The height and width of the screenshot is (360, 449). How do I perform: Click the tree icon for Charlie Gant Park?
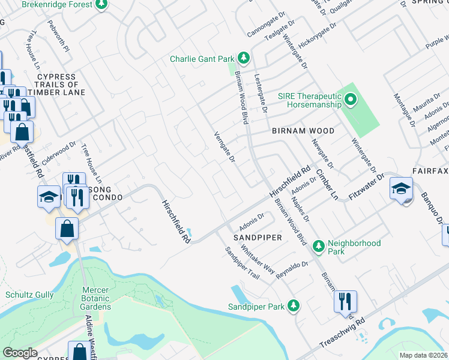pyautogui.click(x=244, y=58)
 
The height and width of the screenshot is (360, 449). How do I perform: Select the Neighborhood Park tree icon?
pyautogui.click(x=319, y=244)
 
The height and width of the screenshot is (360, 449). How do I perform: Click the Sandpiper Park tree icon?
pyautogui.click(x=294, y=306)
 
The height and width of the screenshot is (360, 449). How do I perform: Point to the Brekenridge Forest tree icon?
pyautogui.click(x=101, y=4)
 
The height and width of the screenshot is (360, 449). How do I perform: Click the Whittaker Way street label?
pyautogui.click(x=258, y=257)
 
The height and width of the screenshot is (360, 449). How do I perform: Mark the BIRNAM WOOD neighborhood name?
pyautogui.click(x=303, y=130)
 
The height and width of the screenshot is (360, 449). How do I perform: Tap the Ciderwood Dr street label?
pyautogui.click(x=61, y=151)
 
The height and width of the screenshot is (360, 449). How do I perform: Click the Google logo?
pyautogui.click(x=20, y=353)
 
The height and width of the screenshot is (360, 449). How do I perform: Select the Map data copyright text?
pyautogui.click(x=423, y=355)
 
